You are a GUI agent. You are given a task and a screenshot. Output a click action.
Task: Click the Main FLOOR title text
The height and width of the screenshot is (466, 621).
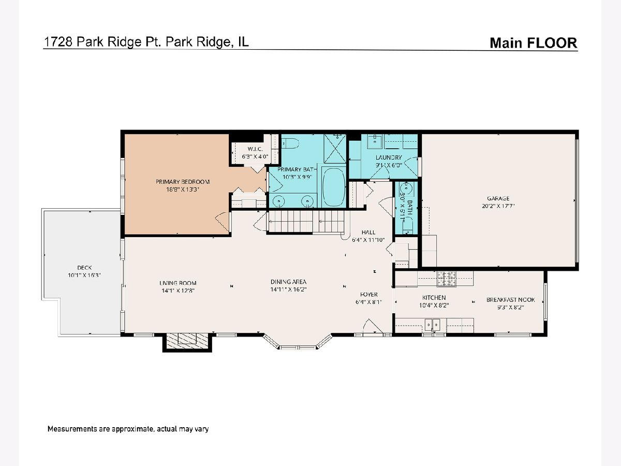(534, 43)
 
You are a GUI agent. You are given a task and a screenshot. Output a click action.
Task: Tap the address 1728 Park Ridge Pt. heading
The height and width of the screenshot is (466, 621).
(102, 42)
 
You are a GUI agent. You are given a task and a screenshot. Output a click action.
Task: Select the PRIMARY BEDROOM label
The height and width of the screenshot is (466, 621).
(183, 182)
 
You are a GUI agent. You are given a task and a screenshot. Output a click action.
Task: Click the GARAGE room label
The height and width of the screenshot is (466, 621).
(498, 198)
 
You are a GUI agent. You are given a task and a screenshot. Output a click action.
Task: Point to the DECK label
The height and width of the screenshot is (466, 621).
(84, 267)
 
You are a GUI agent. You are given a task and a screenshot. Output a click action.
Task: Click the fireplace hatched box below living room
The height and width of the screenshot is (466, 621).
(187, 341)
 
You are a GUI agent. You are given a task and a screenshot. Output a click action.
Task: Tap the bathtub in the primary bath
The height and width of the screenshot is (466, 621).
(334, 187)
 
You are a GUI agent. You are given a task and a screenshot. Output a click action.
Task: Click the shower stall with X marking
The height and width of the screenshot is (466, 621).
(335, 149)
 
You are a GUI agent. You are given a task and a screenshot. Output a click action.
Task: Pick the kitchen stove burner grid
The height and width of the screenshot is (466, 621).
(446, 279)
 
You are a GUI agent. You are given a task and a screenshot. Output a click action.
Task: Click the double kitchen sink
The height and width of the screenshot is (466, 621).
(433, 325)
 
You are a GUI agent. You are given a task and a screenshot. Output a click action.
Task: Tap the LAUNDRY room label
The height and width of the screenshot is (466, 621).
(389, 157)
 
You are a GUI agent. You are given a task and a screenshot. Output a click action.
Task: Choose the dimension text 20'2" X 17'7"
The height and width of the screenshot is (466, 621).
(498, 206)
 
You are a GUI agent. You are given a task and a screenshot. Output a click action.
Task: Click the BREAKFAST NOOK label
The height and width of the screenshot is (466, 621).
(511, 300)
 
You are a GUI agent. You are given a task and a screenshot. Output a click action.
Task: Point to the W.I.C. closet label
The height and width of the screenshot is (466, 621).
(255, 149)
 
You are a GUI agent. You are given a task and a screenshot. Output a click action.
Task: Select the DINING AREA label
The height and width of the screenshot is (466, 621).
(288, 282)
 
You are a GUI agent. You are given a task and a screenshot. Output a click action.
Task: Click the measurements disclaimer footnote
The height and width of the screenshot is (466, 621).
(128, 429)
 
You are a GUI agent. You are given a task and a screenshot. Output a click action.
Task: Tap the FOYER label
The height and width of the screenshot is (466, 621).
(369, 294)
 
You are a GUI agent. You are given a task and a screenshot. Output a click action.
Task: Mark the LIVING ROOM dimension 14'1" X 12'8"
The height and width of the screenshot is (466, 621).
(178, 290)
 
